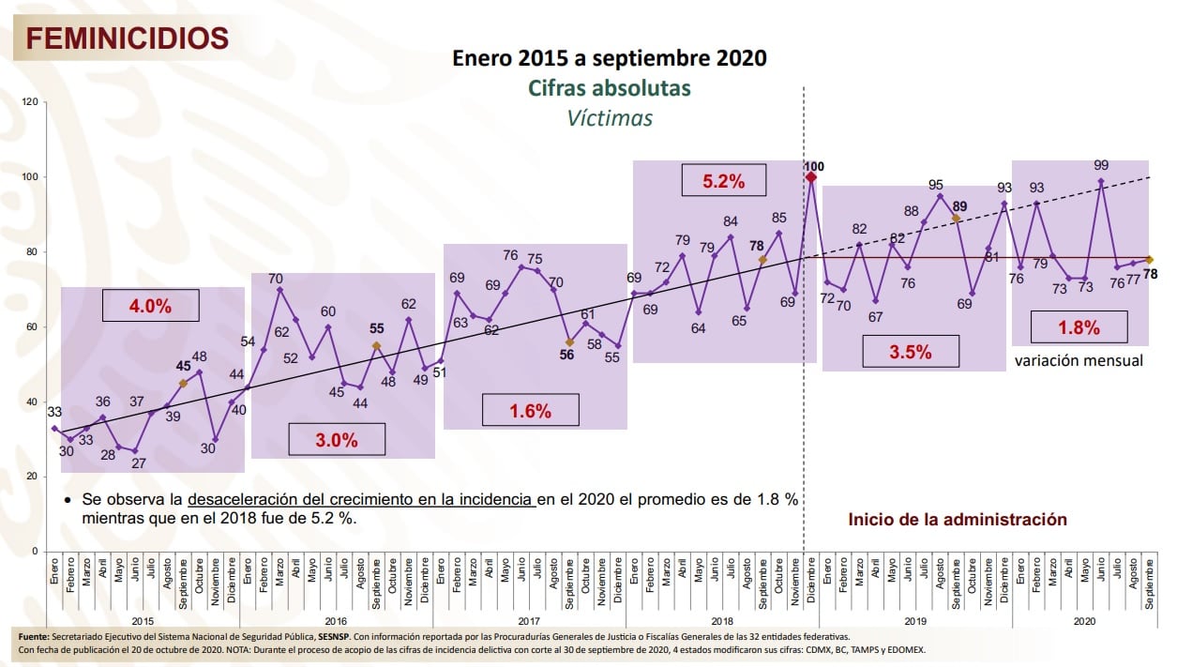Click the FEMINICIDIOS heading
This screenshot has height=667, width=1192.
point(127,38)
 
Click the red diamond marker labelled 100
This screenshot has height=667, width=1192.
point(811,177)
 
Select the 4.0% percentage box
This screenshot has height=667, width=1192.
point(151,306)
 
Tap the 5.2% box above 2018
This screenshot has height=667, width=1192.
point(724,181)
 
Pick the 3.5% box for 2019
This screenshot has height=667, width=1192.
point(910,352)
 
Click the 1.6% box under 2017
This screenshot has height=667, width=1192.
point(530,410)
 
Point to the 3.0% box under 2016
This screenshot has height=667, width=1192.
point(337,439)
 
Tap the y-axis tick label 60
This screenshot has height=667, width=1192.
point(32,327)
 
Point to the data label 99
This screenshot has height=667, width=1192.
point(1101,165)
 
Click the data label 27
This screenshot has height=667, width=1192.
point(139,463)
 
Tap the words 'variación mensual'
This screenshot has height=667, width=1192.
point(1079,360)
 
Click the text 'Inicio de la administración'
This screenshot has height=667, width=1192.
point(958,519)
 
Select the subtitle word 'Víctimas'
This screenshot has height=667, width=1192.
point(609,118)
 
